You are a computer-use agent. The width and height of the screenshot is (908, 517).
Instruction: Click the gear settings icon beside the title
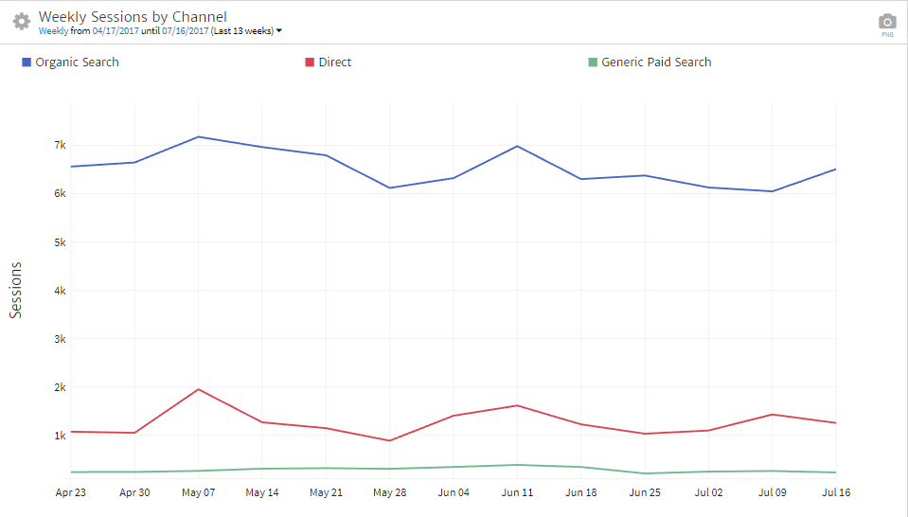click(21, 21)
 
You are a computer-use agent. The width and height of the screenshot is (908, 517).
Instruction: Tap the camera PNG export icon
click(886, 22)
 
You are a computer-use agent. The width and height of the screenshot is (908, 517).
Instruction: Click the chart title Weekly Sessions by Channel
click(133, 17)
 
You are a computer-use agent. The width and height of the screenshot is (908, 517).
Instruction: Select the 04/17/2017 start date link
click(116, 31)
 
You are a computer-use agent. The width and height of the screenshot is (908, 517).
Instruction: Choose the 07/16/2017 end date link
click(186, 31)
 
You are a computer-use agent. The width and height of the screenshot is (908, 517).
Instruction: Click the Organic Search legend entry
click(77, 62)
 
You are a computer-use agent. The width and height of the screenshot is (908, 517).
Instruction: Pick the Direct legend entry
click(334, 62)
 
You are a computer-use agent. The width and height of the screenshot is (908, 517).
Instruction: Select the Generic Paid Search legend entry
click(655, 62)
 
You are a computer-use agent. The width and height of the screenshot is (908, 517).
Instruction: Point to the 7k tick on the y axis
click(59, 145)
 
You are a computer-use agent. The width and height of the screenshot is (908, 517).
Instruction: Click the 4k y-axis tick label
click(59, 291)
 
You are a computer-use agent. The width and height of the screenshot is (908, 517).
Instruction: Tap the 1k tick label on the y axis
click(59, 436)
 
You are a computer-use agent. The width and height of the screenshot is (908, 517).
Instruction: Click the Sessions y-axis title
click(16, 290)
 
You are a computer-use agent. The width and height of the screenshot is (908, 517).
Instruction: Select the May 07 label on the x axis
click(198, 492)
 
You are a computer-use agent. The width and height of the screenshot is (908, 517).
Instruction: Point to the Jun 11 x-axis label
click(517, 492)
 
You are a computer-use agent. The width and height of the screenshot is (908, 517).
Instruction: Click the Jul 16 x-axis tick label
click(836, 492)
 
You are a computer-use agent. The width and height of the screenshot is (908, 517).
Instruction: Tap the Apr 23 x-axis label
click(71, 492)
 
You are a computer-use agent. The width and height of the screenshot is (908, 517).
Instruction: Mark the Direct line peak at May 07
click(199, 389)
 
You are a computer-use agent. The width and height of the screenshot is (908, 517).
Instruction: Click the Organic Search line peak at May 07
click(199, 137)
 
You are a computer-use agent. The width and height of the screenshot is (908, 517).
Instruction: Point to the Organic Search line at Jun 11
click(517, 146)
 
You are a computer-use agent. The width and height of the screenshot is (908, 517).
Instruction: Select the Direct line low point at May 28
click(390, 440)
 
